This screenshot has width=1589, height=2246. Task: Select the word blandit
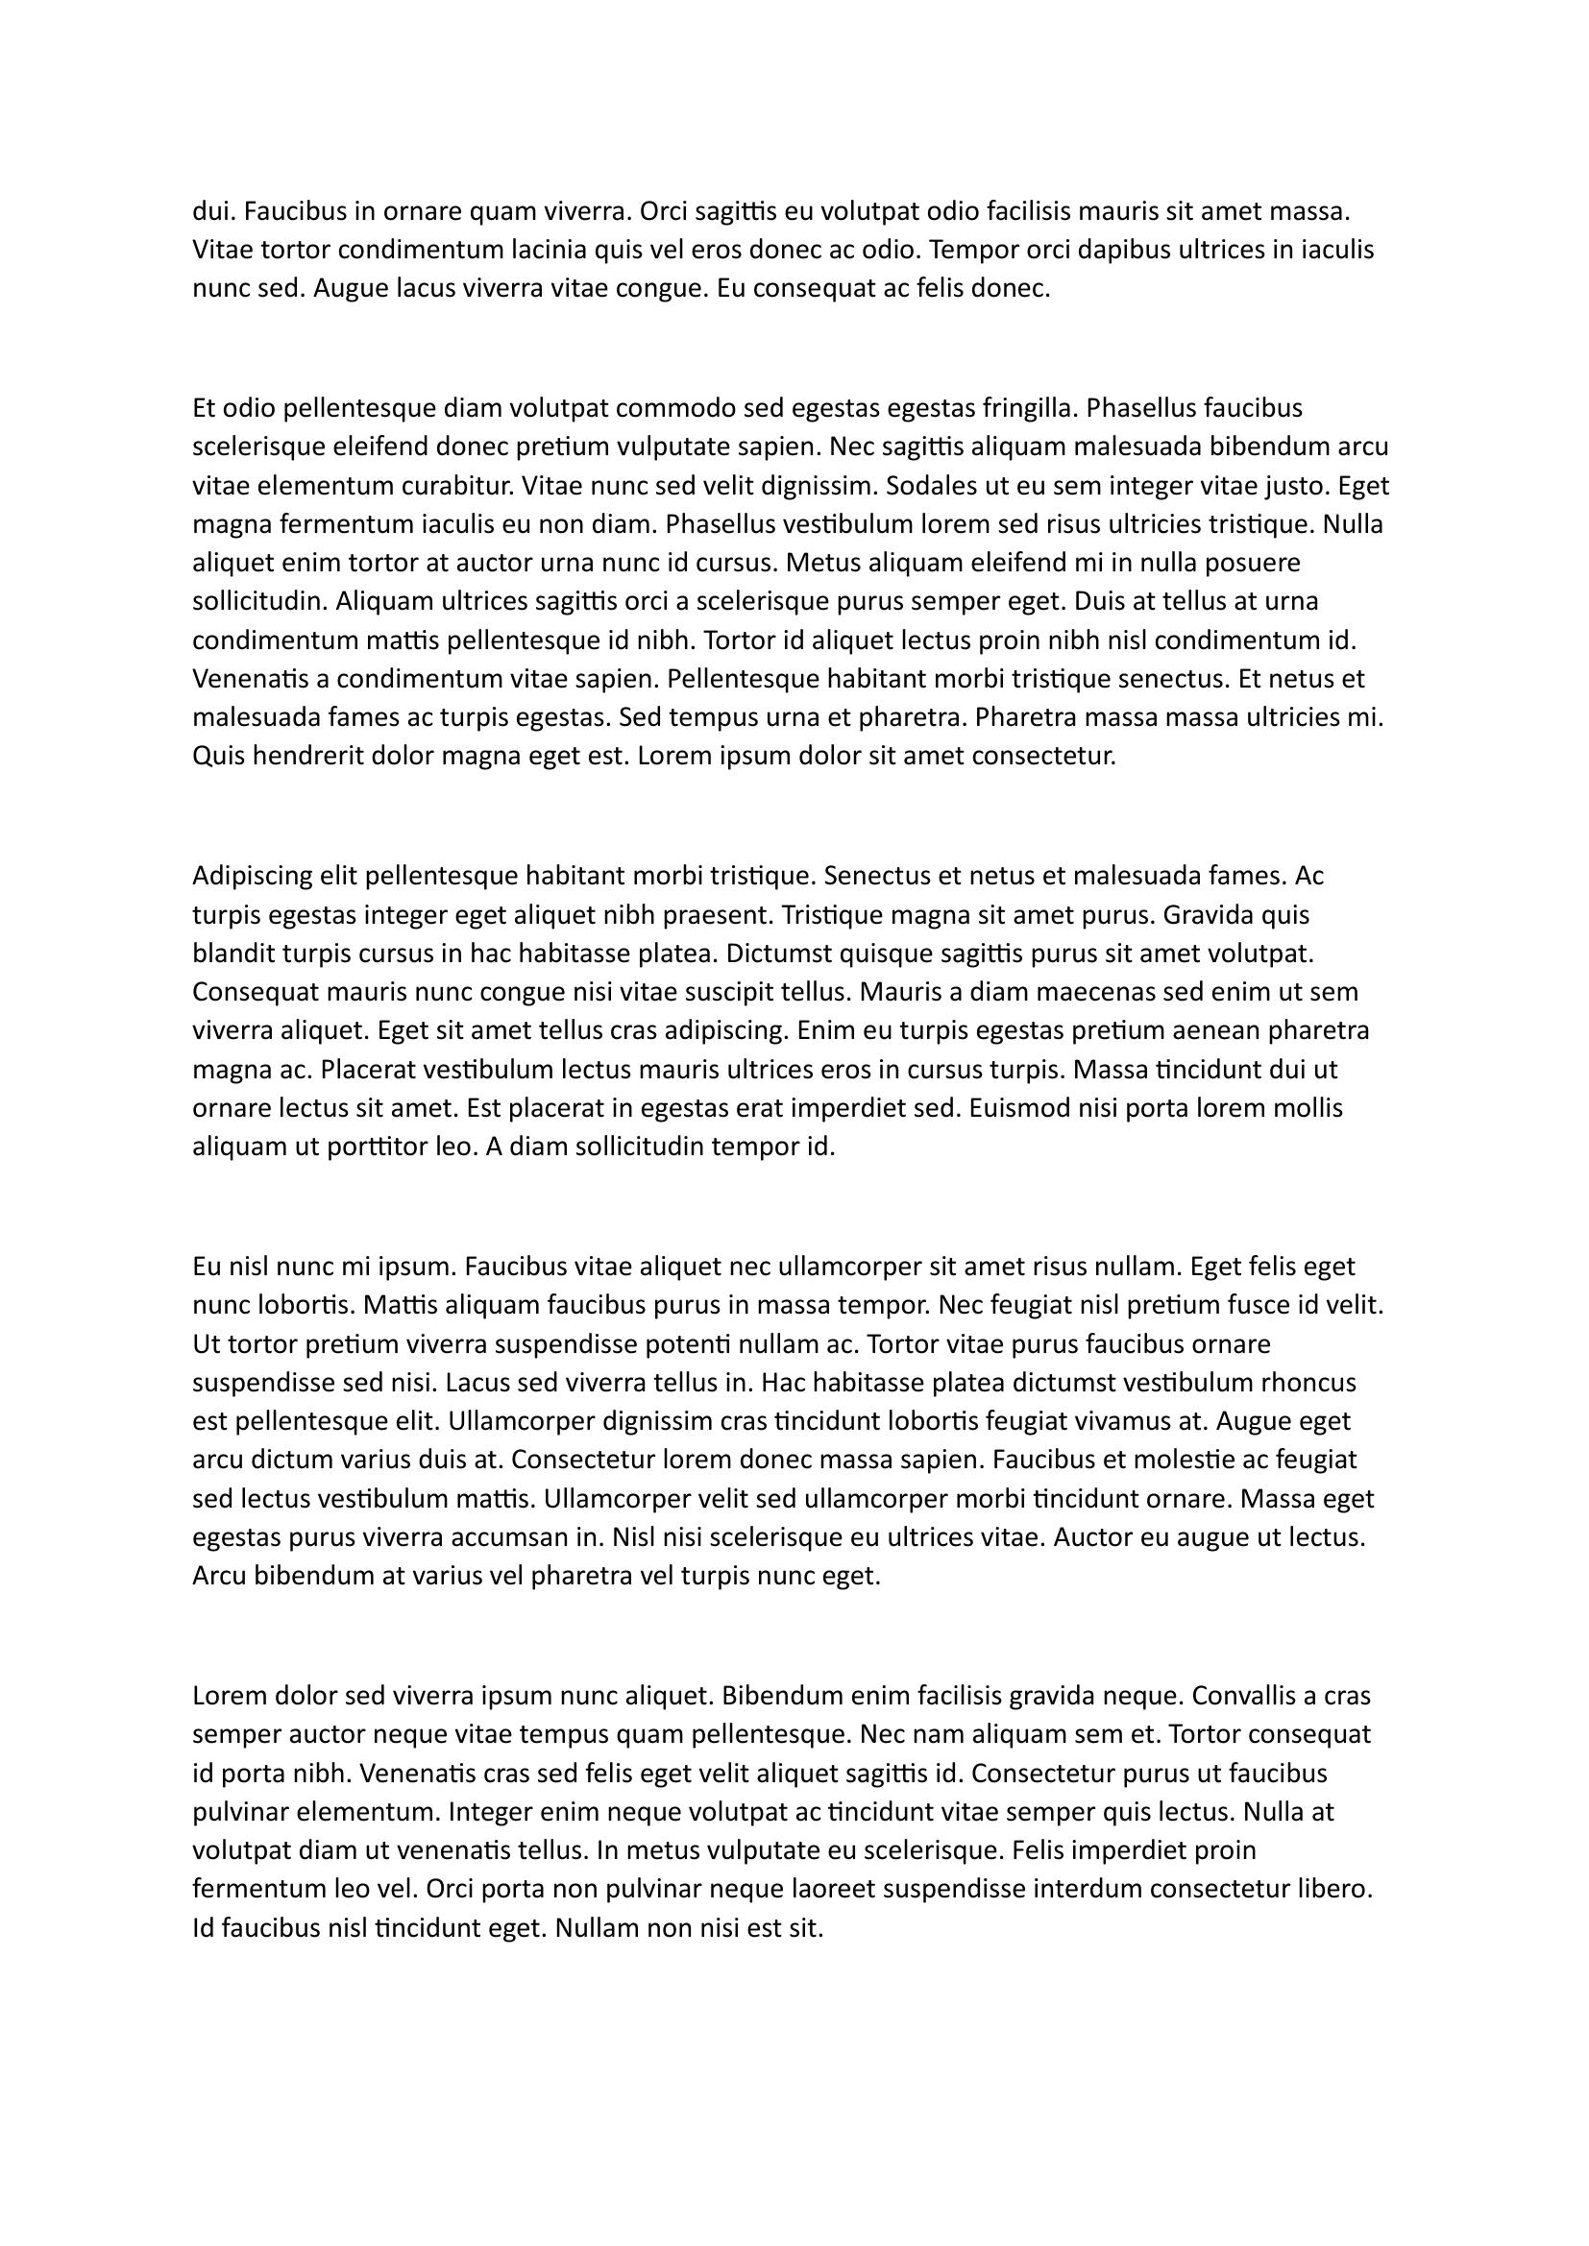(x=232, y=954)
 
